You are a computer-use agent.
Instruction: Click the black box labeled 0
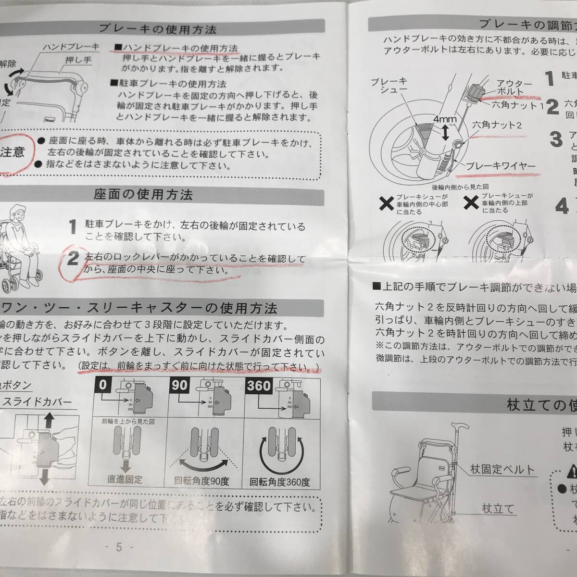coord(105,386)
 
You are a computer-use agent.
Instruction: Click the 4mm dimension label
coord(441,117)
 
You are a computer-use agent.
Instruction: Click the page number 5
coord(118,547)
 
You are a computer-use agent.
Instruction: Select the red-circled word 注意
coord(13,152)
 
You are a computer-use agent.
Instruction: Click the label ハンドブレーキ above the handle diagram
coord(71,47)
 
